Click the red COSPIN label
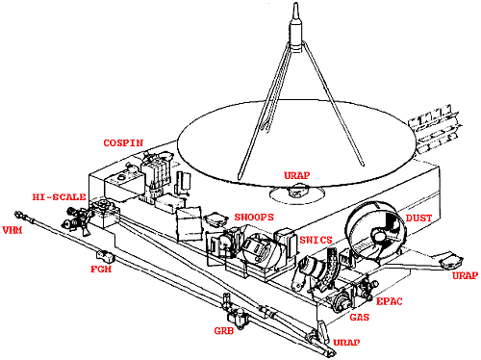pyautogui.click(x=123, y=143)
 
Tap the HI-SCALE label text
pyautogui.click(x=59, y=197)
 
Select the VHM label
pyautogui.click(x=13, y=230)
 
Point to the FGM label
pyautogui.click(x=101, y=269)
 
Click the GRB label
pyautogui.click(x=224, y=330)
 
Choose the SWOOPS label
pyautogui.click(x=254, y=218)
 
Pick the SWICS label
pyautogui.click(x=316, y=240)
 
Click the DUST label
pyautogui.click(x=418, y=219)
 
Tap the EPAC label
pyautogui.click(x=389, y=301)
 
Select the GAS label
pyautogui.click(x=360, y=318)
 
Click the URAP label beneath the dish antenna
pyautogui.click(x=297, y=175)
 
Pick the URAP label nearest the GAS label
pyautogui.click(x=346, y=343)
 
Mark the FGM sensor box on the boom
pyautogui.click(x=105, y=255)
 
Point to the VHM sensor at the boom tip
pyautogui.click(x=20, y=214)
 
